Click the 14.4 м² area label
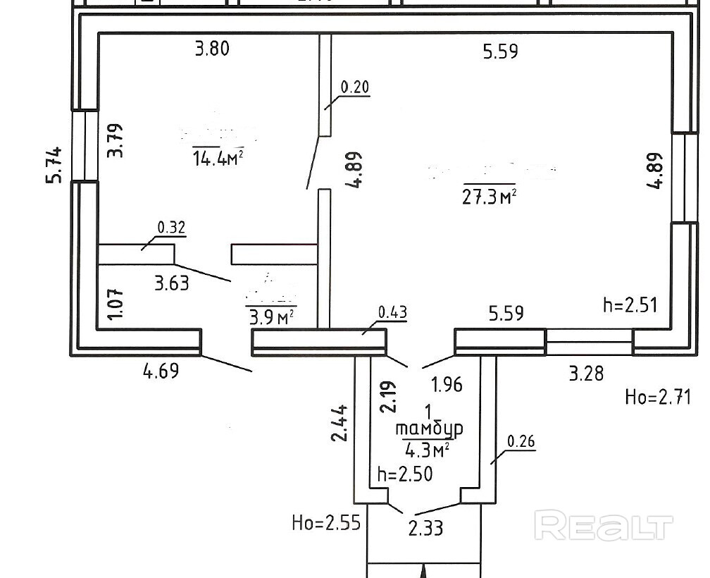pyautogui.click(x=218, y=158)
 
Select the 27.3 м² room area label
pyautogui.click(x=490, y=195)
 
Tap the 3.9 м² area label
pyautogui.click(x=270, y=316)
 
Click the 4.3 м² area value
pyautogui.click(x=428, y=448)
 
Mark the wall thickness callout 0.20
pyautogui.click(x=355, y=87)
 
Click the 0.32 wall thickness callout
pyautogui.click(x=171, y=227)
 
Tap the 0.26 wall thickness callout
pyautogui.click(x=521, y=443)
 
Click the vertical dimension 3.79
pyautogui.click(x=117, y=141)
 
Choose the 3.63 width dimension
pyautogui.click(x=172, y=284)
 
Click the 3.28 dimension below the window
pyautogui.click(x=586, y=372)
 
